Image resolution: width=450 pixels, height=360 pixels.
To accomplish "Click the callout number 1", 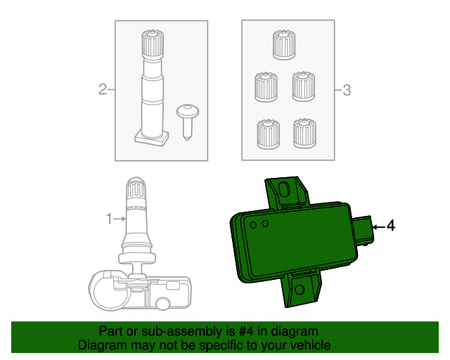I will point(109,219).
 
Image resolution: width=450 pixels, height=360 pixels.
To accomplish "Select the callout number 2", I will point(103,89).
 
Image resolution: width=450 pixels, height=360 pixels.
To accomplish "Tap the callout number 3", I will point(346,89).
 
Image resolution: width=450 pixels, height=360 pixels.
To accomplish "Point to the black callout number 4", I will point(391,226).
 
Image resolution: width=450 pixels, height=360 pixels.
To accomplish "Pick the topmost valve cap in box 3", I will point(283,44).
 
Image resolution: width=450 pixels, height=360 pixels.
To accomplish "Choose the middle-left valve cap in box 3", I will point(265,87).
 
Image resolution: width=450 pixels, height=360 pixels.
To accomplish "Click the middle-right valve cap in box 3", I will point(303,85).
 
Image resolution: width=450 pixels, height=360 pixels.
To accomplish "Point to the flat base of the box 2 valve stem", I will point(150,138).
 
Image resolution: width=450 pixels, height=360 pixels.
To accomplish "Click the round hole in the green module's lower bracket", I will point(300,290).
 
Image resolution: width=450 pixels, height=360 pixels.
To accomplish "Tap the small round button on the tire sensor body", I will point(162,304).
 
